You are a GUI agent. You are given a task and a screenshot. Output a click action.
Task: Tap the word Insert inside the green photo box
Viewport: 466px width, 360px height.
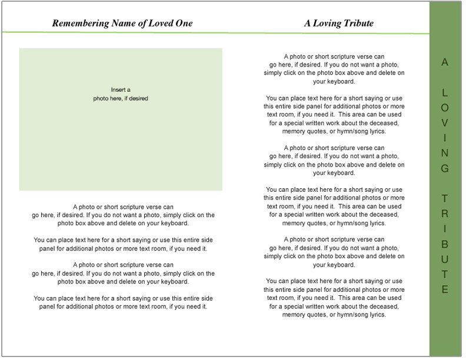click(118, 90)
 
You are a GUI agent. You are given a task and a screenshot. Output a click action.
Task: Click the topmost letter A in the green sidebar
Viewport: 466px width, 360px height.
click(445, 62)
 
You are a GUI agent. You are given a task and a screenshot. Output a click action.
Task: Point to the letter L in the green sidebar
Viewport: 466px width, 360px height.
click(445, 93)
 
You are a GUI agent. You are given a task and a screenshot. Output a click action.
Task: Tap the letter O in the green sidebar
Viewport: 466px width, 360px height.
click(445, 108)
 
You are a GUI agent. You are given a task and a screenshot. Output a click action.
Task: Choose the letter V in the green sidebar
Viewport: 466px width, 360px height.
click(445, 123)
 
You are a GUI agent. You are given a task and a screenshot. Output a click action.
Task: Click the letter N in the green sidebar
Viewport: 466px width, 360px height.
click(445, 153)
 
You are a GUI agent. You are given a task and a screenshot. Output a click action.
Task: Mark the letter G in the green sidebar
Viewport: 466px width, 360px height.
click(445, 168)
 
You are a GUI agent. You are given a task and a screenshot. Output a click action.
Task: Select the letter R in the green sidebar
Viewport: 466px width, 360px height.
click(445, 214)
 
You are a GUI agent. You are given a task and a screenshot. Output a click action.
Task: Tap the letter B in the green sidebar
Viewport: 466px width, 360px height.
click(445, 244)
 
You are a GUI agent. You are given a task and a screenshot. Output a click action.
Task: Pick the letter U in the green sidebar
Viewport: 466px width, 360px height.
click(445, 259)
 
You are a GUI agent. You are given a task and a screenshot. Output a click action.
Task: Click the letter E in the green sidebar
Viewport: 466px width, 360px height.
click(445, 289)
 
